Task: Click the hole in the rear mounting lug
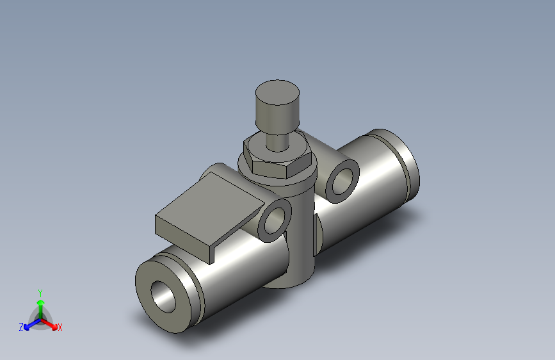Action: click(x=343, y=177)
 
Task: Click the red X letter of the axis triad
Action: click(x=60, y=328)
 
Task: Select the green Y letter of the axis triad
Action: click(x=40, y=291)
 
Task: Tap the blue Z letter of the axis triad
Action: click(x=21, y=327)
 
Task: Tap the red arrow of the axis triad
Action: click(x=51, y=323)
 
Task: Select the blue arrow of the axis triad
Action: click(x=30, y=323)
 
